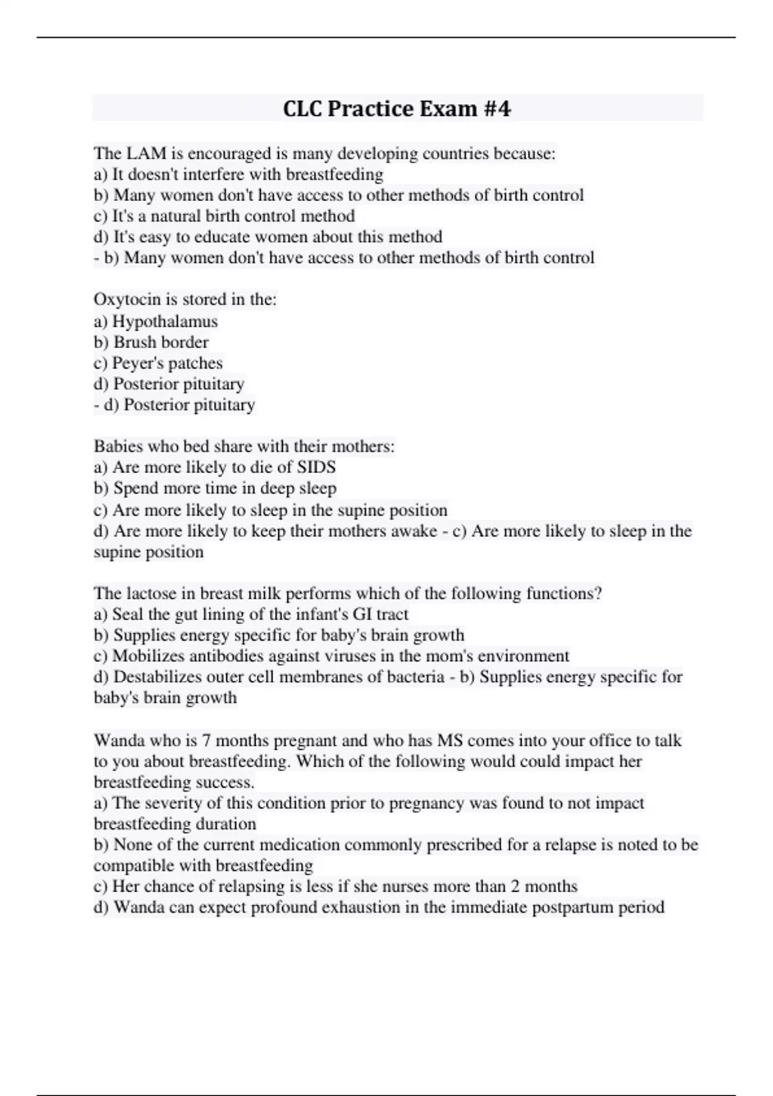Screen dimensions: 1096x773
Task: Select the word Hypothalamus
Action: pos(165,321)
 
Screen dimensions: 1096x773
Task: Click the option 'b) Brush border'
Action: pos(151,342)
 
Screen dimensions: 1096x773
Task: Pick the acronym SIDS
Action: pos(316,467)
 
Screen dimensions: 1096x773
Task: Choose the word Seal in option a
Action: pos(128,614)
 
